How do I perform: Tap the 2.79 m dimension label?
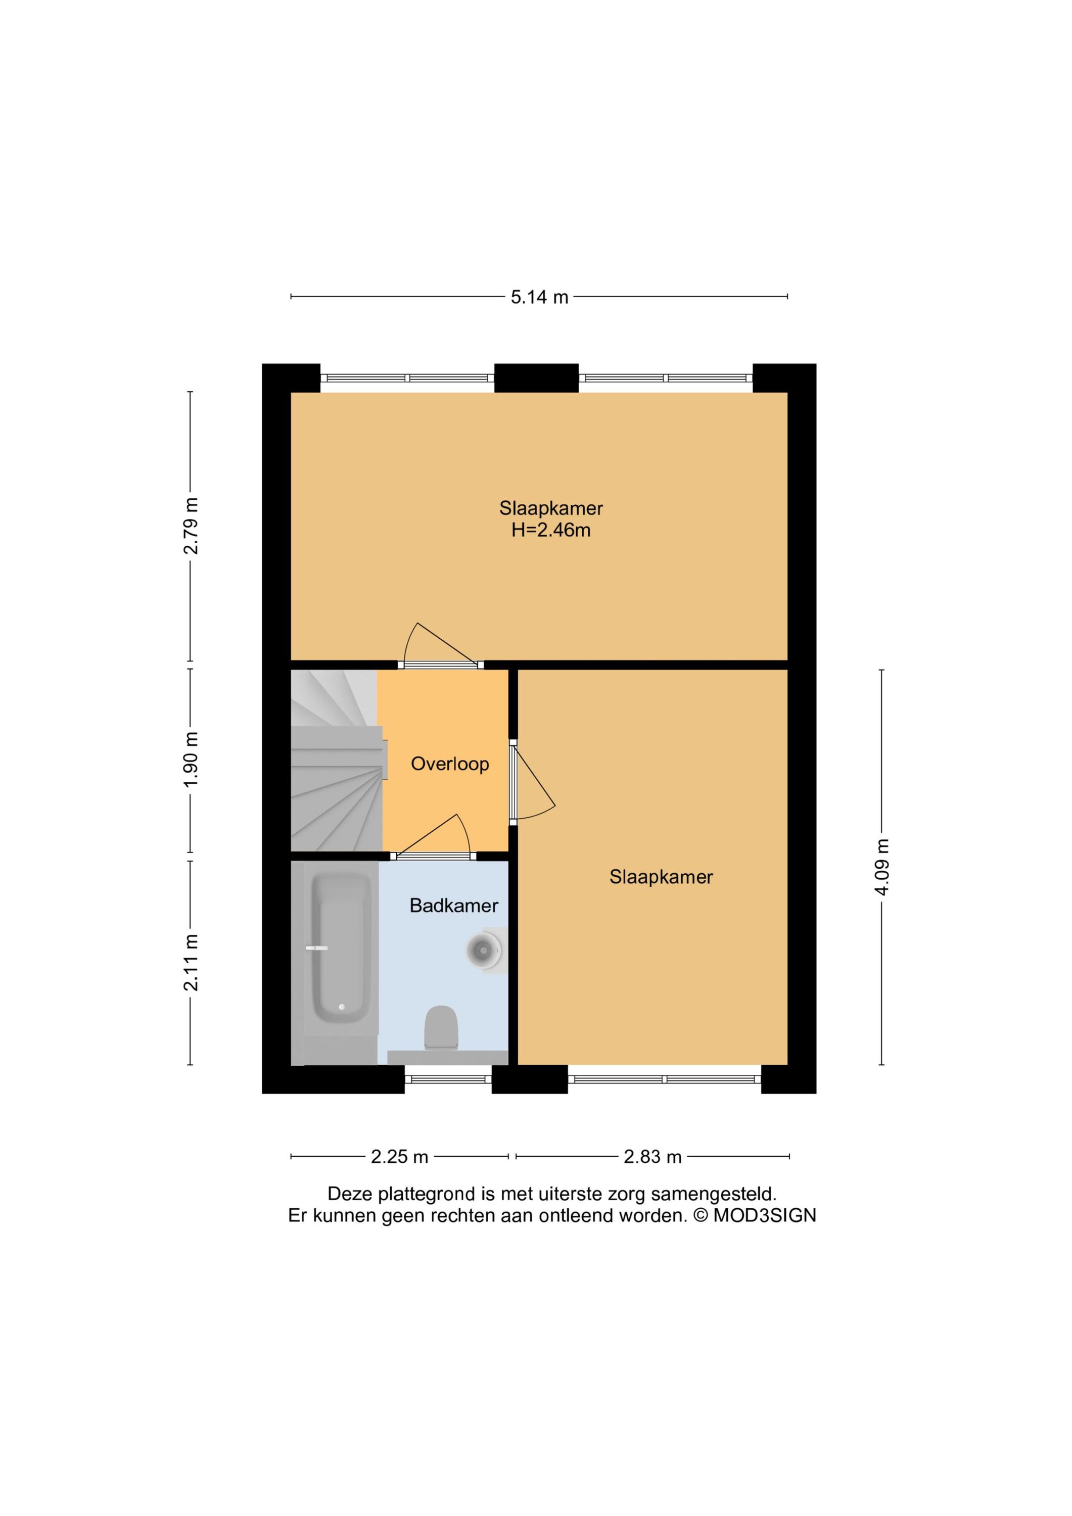(191, 526)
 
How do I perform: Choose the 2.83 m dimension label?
(652, 1156)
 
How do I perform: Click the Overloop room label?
(450, 764)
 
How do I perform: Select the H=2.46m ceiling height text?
(551, 530)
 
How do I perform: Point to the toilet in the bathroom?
(441, 1027)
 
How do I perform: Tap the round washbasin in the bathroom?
(484, 951)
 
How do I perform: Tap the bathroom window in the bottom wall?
(448, 1079)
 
